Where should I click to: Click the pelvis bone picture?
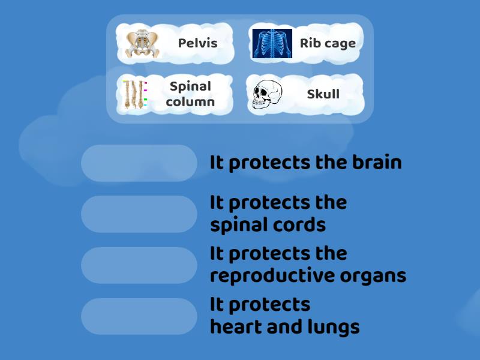tap(142, 44)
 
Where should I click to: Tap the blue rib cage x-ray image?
tap(272, 44)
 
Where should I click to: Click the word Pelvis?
tap(197, 43)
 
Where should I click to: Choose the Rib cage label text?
tap(328, 43)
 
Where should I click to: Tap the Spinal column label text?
tap(190, 94)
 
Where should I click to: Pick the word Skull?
tap(323, 94)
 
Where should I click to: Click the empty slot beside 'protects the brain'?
tap(139, 163)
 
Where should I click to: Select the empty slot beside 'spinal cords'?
tap(139, 214)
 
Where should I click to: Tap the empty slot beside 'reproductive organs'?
tap(139, 265)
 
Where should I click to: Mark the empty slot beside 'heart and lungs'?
tap(139, 316)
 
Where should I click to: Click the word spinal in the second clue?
tap(236, 225)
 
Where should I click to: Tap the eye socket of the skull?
tap(259, 91)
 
